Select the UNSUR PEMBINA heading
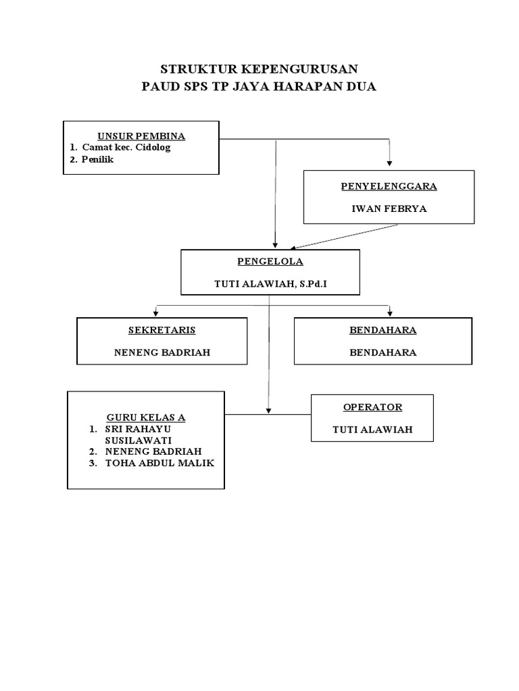click(141, 136)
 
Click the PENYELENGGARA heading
click(389, 186)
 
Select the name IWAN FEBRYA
click(389, 209)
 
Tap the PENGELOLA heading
click(270, 261)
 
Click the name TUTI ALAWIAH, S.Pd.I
click(270, 284)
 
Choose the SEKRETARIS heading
click(162, 330)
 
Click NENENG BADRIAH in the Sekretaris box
click(162, 352)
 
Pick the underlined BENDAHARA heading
click(383, 330)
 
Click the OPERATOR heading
click(372, 407)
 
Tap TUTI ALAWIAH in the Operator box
click(372, 430)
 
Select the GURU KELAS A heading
click(146, 417)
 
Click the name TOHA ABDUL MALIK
click(159, 463)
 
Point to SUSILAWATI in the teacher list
click(138, 440)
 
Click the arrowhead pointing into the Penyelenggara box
click(389, 163)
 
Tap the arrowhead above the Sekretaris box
click(156, 313)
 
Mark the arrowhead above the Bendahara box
click(390, 313)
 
